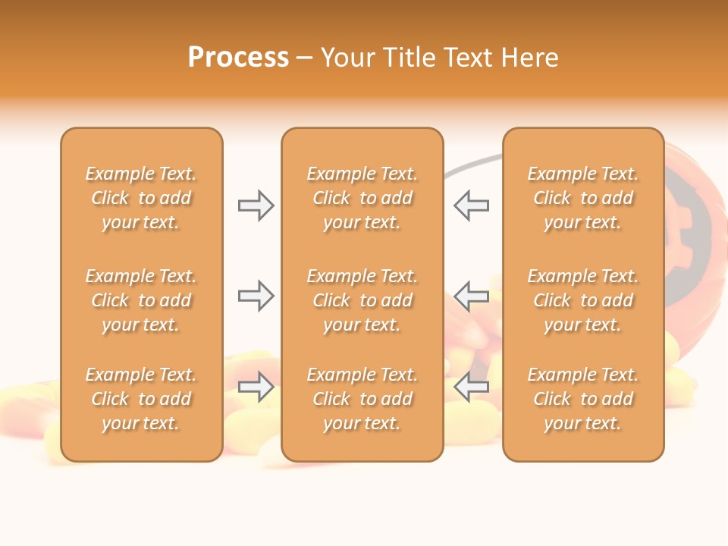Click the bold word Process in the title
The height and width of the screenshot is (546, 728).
pyautogui.click(x=238, y=58)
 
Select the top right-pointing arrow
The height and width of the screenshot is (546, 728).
pyautogui.click(x=256, y=206)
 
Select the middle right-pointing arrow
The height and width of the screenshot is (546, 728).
pyautogui.click(x=256, y=296)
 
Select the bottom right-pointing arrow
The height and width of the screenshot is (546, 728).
pyautogui.click(x=256, y=388)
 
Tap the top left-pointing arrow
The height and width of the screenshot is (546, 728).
pyautogui.click(x=471, y=206)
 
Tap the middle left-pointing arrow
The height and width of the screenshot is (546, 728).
pyautogui.click(x=471, y=296)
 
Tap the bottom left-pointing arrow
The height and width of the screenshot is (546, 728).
pyautogui.click(x=471, y=388)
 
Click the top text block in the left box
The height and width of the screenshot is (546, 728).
pyautogui.click(x=141, y=198)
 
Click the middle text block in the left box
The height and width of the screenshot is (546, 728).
pyautogui.click(x=141, y=300)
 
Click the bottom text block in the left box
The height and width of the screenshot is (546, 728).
pyautogui.click(x=141, y=399)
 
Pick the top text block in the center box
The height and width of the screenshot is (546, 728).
pyautogui.click(x=362, y=198)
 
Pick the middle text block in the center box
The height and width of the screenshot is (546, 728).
pyautogui.click(x=362, y=300)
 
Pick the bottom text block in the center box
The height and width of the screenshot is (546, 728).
pyautogui.click(x=362, y=399)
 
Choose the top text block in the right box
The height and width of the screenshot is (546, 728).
pyautogui.click(x=583, y=198)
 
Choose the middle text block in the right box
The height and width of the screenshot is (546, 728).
pyautogui.click(x=583, y=300)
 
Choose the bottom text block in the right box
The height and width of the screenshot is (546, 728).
pyautogui.click(x=583, y=399)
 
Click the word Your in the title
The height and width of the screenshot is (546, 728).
pyautogui.click(x=348, y=58)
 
